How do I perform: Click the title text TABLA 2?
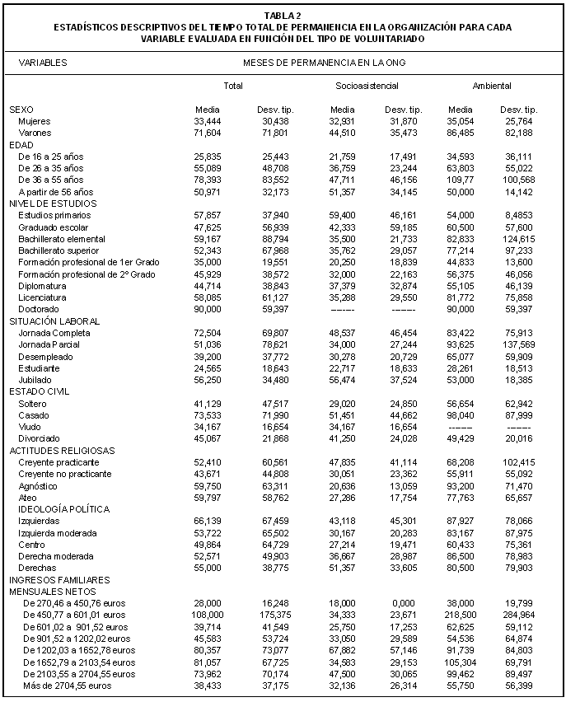(283, 16)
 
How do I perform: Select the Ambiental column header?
(492, 86)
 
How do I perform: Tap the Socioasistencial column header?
(367, 86)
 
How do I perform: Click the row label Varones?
(35, 133)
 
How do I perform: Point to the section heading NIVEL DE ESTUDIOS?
(53, 203)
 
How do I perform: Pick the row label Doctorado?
(38, 309)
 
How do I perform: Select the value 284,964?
(519, 615)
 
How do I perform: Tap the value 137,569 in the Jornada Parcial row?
(519, 344)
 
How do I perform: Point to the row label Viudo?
(30, 427)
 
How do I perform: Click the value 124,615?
(519, 238)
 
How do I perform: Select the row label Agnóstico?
(38, 485)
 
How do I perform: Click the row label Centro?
(31, 545)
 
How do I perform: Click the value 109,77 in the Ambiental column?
(461, 180)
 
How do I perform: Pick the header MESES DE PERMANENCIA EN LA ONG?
(324, 63)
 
